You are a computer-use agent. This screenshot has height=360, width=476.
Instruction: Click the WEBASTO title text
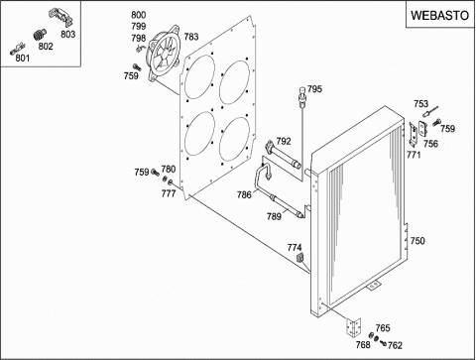pos(439,16)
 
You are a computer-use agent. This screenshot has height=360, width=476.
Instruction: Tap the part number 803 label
pos(67,34)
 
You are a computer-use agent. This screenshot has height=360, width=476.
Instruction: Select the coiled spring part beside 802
pos(40,35)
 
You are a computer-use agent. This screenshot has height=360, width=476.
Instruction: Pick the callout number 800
pos(138,15)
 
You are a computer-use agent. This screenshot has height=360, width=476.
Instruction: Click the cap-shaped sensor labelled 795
pos(302,95)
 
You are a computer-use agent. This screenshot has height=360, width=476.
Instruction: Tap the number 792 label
pos(284,141)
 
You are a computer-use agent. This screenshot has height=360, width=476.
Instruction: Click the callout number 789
pos(274,216)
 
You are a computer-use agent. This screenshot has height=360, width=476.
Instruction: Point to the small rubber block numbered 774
pos(300,257)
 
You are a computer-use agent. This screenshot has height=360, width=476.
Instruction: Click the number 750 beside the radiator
pos(417,241)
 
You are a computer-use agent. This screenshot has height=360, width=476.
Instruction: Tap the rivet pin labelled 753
pos(430,111)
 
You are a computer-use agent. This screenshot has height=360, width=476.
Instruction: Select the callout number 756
pos(430,144)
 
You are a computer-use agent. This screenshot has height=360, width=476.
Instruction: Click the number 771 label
pos(414,155)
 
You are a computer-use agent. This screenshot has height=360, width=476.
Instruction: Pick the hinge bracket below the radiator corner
pos(353,327)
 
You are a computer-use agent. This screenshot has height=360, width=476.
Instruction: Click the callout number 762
pos(395,345)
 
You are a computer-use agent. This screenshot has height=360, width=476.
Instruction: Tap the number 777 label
pos(169,193)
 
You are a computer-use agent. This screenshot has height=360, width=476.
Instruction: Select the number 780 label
pos(169,170)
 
